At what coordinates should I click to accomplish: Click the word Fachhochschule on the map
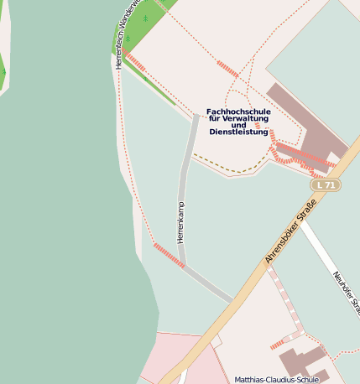point(237,112)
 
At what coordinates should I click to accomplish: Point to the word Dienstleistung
point(238,132)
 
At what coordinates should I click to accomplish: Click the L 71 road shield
point(325,184)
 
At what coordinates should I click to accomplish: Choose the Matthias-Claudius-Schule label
point(277,379)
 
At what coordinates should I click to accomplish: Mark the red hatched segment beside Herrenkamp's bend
point(169,255)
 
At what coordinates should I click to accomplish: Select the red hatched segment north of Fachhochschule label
point(227,70)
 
